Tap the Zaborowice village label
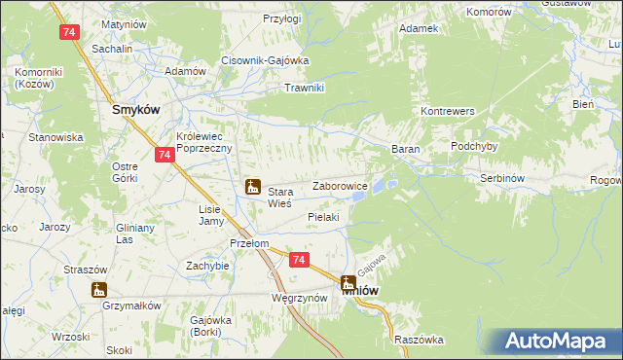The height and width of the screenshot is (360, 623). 339,186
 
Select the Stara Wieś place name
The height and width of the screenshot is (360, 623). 280,198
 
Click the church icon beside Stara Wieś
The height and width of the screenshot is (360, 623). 252,186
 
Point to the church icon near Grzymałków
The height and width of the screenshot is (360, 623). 98,289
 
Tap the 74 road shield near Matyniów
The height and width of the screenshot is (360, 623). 68,32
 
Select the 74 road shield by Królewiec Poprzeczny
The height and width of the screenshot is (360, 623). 164,155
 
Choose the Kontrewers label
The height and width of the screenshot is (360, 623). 447,112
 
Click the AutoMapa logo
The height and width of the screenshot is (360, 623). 562,342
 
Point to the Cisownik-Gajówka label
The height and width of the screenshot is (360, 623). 265,60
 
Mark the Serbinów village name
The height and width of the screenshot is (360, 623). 503,179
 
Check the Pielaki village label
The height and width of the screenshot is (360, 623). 322,217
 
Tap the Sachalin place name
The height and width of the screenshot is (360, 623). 111,47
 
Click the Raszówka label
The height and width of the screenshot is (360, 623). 420,340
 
